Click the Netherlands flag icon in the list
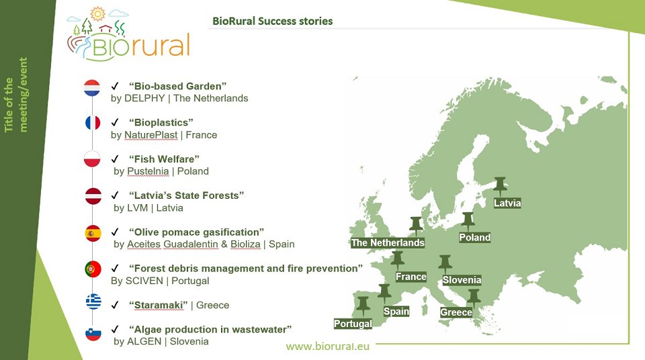(x=92, y=87)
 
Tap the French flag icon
(x=93, y=123)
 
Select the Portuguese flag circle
(x=93, y=269)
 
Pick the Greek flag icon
(x=93, y=302)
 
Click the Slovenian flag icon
(x=93, y=333)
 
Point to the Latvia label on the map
(x=507, y=203)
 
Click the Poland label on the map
(x=475, y=237)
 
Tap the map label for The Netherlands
(x=388, y=242)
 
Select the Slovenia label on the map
(x=462, y=280)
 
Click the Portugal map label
(x=353, y=324)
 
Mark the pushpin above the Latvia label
(x=500, y=186)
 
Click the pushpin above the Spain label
(x=384, y=294)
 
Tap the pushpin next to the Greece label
(x=474, y=298)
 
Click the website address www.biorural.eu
(x=327, y=347)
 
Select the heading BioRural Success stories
(x=272, y=21)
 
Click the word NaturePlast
(x=151, y=135)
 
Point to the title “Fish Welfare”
(x=164, y=159)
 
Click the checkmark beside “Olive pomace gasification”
(x=115, y=232)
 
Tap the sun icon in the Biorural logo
(x=97, y=14)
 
